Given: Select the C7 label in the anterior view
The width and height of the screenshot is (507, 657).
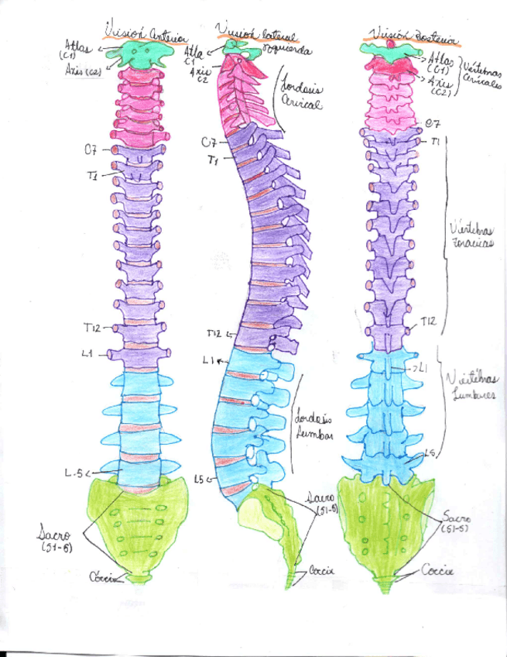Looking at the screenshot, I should pyautogui.click(x=91, y=150).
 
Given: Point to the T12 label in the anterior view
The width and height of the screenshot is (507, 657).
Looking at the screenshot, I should pyautogui.click(x=94, y=328).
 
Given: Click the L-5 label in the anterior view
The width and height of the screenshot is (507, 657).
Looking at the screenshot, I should pyautogui.click(x=74, y=472).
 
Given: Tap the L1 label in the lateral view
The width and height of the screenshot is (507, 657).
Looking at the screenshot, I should pyautogui.click(x=208, y=360).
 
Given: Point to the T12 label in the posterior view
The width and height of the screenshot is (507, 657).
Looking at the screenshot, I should pyautogui.click(x=429, y=322).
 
